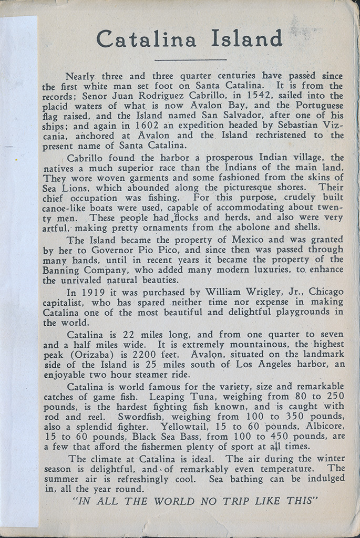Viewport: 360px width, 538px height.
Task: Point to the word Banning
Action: click(x=63, y=270)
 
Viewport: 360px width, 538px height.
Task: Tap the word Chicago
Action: click(x=326, y=292)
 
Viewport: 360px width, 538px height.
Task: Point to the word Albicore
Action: click(x=323, y=427)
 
